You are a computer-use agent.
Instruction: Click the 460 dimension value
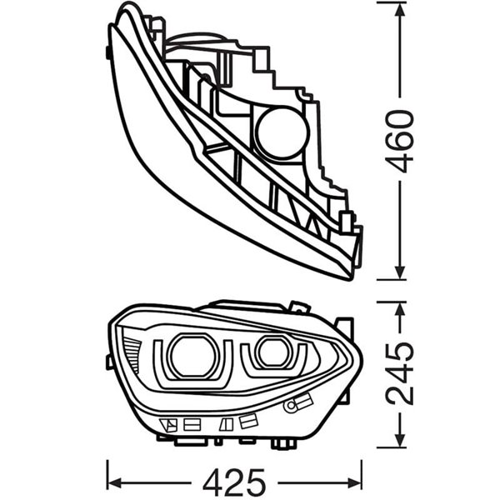(x=402, y=140)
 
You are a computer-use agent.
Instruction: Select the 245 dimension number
(x=402, y=372)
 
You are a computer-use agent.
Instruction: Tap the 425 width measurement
(x=235, y=481)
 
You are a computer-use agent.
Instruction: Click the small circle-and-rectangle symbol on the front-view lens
(x=292, y=406)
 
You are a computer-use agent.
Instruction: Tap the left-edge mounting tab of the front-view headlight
(x=109, y=359)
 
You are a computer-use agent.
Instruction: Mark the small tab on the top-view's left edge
(x=109, y=52)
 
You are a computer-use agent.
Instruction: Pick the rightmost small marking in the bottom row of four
(x=248, y=421)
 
